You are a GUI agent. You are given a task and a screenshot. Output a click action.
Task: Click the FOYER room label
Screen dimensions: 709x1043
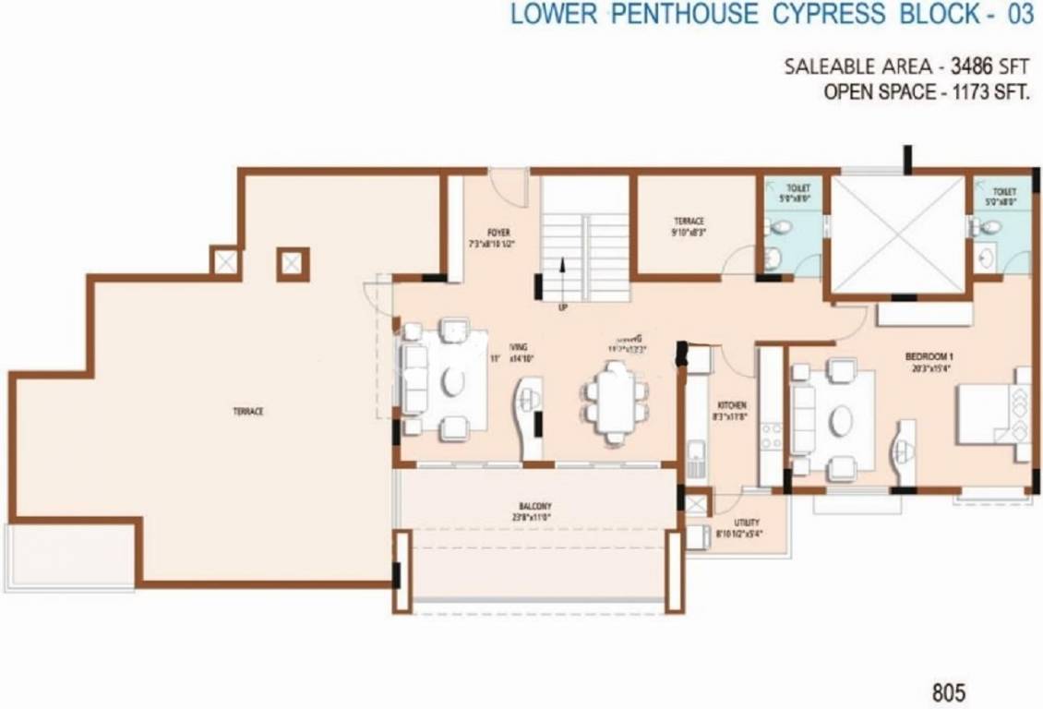[499, 233]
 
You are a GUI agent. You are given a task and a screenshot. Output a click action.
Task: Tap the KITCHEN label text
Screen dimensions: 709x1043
[732, 406]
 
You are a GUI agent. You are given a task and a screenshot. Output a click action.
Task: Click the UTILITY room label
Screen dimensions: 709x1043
[747, 523]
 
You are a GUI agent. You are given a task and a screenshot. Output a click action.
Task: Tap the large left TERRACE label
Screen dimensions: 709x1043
[247, 411]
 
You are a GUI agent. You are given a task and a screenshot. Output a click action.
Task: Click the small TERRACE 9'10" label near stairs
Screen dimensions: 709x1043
[689, 222]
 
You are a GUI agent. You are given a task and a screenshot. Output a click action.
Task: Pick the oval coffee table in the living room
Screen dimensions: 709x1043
[452, 380]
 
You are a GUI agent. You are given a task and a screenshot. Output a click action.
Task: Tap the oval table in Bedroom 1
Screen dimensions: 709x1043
[841, 420]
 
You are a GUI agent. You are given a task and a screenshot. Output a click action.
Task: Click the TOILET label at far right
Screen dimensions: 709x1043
[1004, 192]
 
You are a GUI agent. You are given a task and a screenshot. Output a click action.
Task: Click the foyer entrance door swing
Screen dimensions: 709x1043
[505, 183]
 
